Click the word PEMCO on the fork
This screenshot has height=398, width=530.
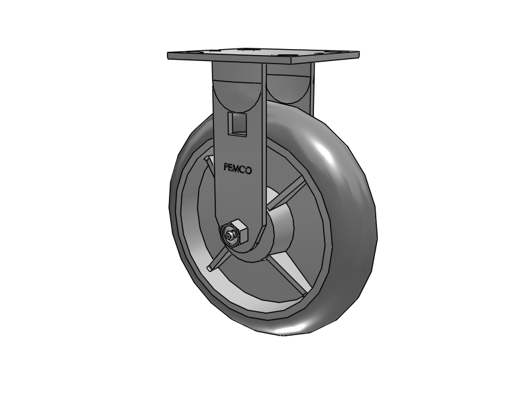click(x=237, y=169)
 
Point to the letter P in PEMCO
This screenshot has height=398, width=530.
click(x=227, y=168)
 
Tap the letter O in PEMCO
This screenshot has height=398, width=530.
click(x=248, y=170)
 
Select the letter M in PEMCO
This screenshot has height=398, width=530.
click(x=237, y=169)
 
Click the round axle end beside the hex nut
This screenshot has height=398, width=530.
click(x=228, y=235)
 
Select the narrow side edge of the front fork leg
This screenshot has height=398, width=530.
click(x=264, y=146)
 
